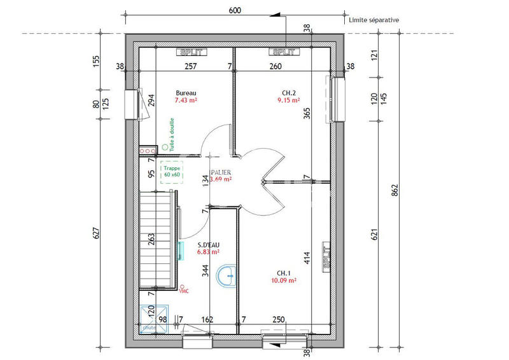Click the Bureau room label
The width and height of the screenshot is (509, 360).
coord(186,92)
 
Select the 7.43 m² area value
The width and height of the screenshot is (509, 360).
coord(186,100)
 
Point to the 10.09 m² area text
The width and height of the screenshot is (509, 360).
coord(283,279)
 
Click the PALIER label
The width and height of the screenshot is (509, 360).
coord(222,172)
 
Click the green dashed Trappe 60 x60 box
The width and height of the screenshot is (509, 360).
coord(172,170)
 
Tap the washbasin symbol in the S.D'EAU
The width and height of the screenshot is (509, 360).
coord(225,276)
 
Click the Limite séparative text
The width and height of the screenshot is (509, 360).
coord(374,20)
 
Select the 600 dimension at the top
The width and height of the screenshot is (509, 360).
coord(235,11)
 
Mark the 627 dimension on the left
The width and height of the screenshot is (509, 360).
coord(97,233)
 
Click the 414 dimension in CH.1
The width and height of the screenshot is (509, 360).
coord(307,258)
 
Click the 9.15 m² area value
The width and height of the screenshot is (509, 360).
coord(289,100)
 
